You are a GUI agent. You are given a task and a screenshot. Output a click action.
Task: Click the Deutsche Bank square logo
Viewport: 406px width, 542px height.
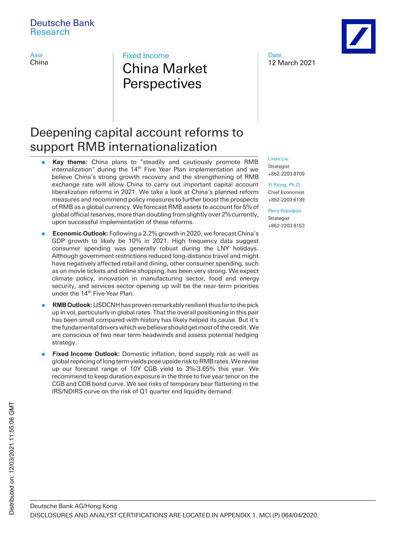click(x=358, y=36)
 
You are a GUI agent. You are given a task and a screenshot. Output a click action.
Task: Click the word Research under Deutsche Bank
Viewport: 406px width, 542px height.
click(x=50, y=32)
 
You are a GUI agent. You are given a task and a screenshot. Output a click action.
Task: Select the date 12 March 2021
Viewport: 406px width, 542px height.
click(x=292, y=63)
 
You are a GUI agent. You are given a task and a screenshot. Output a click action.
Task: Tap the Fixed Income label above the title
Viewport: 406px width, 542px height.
click(x=146, y=56)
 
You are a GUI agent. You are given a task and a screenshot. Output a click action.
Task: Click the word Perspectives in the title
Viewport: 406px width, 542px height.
click(x=162, y=84)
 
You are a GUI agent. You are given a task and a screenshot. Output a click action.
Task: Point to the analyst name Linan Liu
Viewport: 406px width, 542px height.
click(x=278, y=159)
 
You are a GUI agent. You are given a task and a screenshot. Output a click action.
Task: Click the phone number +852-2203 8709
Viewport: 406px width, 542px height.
click(x=286, y=174)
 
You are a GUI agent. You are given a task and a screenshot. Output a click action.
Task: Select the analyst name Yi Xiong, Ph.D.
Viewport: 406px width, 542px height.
click(x=285, y=185)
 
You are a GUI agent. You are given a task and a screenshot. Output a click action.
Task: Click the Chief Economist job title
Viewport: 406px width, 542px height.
click(x=286, y=192)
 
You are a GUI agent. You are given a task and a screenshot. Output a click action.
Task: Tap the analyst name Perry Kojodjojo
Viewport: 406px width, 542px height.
click(x=285, y=211)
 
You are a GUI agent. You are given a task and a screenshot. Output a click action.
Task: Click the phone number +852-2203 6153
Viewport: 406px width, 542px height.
click(x=286, y=226)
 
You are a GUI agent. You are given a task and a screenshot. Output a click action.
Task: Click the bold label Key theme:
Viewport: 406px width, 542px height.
click(x=70, y=162)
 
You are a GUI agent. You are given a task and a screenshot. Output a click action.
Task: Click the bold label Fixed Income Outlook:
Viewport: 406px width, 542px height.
click(x=86, y=354)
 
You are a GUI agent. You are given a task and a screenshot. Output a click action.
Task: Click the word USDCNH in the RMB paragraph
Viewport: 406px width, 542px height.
click(x=105, y=306)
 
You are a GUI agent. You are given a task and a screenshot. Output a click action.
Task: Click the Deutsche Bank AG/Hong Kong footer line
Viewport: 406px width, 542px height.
click(x=74, y=506)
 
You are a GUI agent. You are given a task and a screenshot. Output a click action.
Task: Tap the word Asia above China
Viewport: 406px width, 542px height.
click(x=36, y=55)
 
